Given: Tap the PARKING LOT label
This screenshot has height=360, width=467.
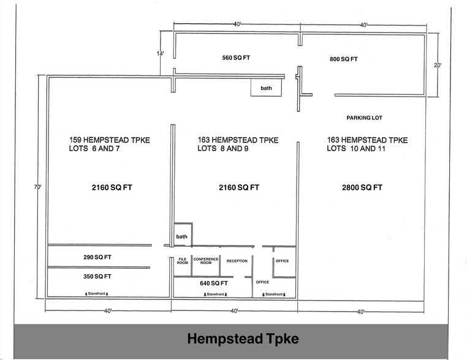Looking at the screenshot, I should click(x=364, y=118).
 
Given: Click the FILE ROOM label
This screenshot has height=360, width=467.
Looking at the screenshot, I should click(x=182, y=261).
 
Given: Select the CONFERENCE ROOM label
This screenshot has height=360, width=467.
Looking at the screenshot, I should click(x=206, y=261).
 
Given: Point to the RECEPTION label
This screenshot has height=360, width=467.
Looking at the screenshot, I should click(x=237, y=261).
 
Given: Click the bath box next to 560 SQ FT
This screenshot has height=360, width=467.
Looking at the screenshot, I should click(x=266, y=88).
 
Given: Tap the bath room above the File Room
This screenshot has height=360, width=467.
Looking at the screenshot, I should click(x=182, y=236).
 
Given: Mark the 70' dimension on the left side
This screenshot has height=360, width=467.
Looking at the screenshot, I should click(x=39, y=187).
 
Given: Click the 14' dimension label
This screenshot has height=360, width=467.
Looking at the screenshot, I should click(x=161, y=54).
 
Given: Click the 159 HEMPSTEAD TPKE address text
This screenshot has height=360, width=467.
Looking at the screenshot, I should click(x=109, y=140).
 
